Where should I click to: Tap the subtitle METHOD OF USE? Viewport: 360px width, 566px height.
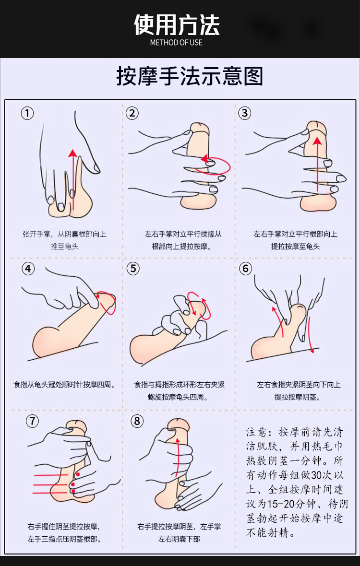pyautogui.click(x=176, y=42)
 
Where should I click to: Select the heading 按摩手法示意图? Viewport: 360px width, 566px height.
pyautogui.click(x=190, y=76)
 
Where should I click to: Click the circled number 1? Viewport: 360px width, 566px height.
pyautogui.click(x=27, y=113)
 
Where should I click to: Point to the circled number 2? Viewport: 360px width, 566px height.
pyautogui.click(x=132, y=113)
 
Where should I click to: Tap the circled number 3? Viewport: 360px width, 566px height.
pyautogui.click(x=245, y=113)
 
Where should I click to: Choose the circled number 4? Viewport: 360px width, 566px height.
pyautogui.click(x=28, y=268)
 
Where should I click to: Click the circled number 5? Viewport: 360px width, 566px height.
pyautogui.click(x=133, y=268)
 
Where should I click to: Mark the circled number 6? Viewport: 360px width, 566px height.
pyautogui.click(x=246, y=268)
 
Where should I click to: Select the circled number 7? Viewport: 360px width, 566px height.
pyautogui.click(x=32, y=421)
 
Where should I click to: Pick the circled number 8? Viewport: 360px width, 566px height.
pyautogui.click(x=137, y=421)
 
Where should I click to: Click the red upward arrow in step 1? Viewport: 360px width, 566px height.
pyautogui.click(x=72, y=177)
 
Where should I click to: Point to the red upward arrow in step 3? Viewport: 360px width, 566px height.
pyautogui.click(x=317, y=163)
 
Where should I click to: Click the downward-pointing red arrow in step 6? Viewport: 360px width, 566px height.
pyautogui.click(x=310, y=336)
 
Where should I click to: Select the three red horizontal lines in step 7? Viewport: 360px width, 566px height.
pyautogui.click(x=50, y=483)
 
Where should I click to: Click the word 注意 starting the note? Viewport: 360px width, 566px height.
pyautogui.click(x=257, y=431)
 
